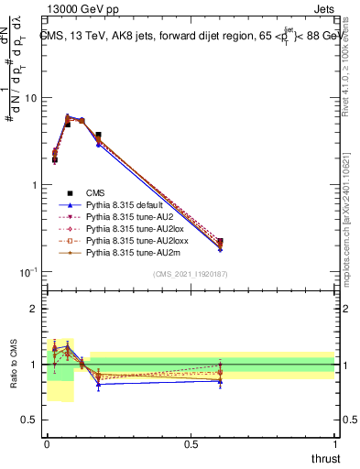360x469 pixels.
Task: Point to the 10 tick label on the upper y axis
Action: tap(32, 98)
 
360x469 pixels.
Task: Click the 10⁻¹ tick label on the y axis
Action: tap(29, 273)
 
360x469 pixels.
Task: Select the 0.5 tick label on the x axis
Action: tap(191, 443)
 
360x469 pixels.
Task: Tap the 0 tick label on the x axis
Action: tap(48, 443)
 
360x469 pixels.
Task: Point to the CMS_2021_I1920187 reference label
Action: tap(191, 275)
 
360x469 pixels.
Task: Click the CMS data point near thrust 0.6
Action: tap(219, 243)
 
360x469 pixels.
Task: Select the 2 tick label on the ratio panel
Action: tap(34, 309)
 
